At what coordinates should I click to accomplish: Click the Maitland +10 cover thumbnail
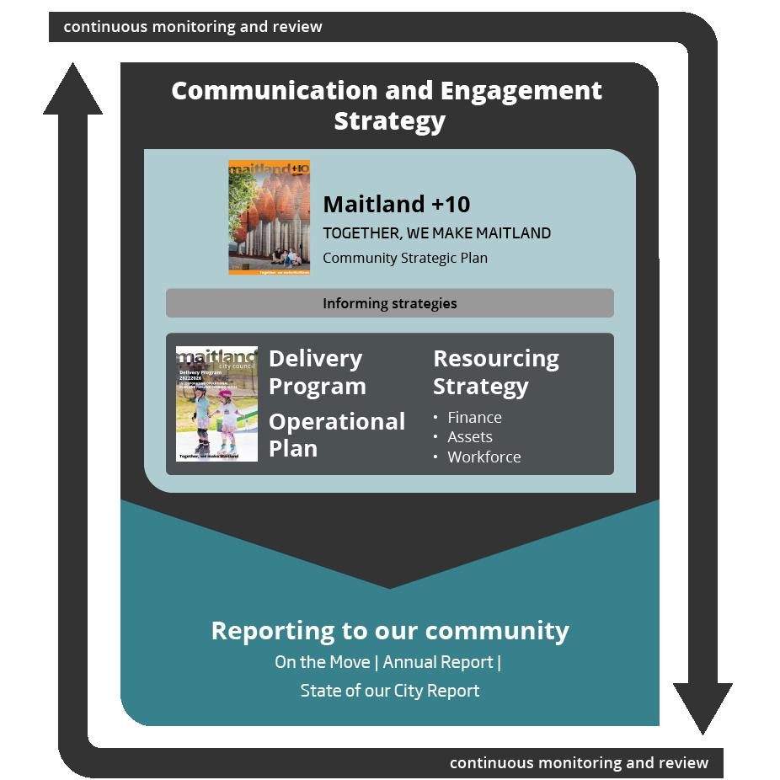click(x=269, y=217)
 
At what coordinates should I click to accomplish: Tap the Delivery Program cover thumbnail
click(x=216, y=403)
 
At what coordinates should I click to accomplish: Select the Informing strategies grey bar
click(x=389, y=303)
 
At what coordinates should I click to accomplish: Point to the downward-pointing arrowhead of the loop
click(x=702, y=708)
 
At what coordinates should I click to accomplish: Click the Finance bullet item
click(x=474, y=417)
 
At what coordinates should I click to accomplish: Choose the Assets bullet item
click(x=470, y=437)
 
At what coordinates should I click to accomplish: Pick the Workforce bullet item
click(x=483, y=457)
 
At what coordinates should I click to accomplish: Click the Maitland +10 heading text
click(x=396, y=204)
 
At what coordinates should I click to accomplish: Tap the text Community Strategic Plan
click(x=405, y=259)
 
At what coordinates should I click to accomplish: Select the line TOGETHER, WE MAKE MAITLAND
click(x=436, y=233)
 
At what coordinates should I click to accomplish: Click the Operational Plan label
click(x=336, y=435)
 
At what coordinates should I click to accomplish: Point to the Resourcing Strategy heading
click(x=495, y=372)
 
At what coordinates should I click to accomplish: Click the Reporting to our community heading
click(x=389, y=630)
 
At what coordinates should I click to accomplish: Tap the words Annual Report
click(x=438, y=662)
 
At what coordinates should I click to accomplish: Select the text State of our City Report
click(x=389, y=691)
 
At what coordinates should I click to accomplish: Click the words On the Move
click(x=323, y=662)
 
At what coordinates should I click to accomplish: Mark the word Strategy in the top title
click(x=389, y=120)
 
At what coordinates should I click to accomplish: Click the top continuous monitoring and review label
click(x=192, y=27)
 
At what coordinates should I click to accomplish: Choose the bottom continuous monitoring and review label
click(x=579, y=763)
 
